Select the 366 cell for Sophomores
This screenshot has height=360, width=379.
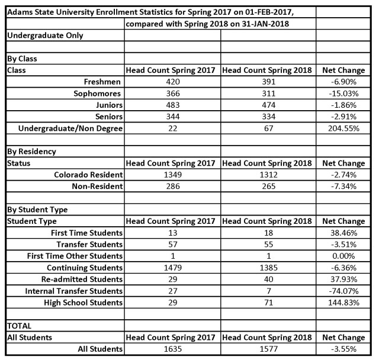coord(172,94)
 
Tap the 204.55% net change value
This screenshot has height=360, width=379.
coord(343,128)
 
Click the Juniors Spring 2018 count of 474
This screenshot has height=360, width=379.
coord(268,105)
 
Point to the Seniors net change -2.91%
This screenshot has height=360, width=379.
coord(343,117)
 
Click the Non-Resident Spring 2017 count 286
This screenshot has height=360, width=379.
coord(172,186)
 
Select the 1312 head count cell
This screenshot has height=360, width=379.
coord(268,175)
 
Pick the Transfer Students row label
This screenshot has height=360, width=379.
coord(89,245)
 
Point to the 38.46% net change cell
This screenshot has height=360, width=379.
coord(343,233)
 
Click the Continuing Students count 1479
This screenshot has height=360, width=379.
coord(172,268)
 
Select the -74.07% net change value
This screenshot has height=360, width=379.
coord(343,291)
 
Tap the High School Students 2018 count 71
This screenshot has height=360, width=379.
coord(268,303)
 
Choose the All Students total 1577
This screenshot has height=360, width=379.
coord(268,349)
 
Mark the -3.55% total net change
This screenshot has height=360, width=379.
coord(343,349)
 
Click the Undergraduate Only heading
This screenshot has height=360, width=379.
coord(44,36)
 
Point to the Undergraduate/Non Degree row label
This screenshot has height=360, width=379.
coord(70,128)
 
